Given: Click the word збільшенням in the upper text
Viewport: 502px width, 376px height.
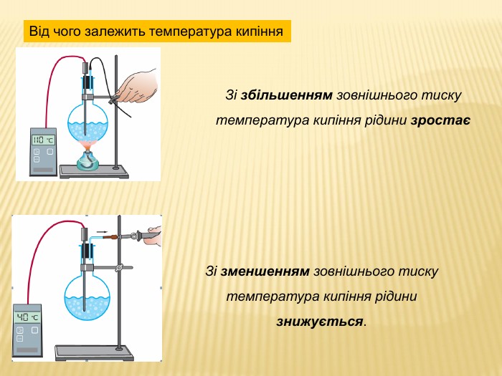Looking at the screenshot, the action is click(287, 95).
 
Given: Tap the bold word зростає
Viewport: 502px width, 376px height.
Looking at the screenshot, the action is click(440, 121).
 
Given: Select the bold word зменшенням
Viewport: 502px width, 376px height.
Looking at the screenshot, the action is click(265, 271).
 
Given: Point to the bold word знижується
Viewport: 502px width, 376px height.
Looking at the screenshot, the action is click(320, 322).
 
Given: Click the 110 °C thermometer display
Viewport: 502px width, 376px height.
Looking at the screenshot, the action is click(43, 140).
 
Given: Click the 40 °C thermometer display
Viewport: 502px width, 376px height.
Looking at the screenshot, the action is click(27, 317).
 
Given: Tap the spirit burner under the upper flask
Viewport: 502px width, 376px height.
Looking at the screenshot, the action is click(87, 160).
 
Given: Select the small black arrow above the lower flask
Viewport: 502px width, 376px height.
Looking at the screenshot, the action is click(102, 232).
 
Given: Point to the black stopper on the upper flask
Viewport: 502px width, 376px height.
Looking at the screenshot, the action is click(87, 82).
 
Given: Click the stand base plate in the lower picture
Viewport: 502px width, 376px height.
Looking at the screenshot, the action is click(94, 352).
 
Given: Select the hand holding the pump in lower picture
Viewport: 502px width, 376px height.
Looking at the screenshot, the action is click(155, 236).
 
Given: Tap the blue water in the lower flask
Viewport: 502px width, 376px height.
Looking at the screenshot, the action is click(87, 307).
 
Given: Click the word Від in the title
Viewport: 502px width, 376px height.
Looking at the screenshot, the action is click(39, 32).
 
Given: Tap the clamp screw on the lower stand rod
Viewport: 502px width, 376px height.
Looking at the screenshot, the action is click(120, 267).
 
